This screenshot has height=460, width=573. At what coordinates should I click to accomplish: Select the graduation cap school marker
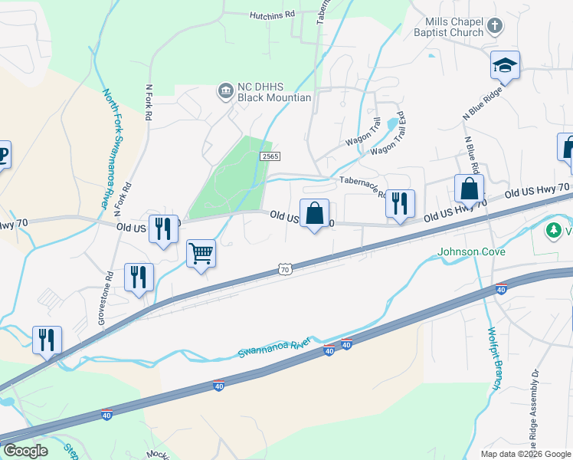click(x=506, y=66)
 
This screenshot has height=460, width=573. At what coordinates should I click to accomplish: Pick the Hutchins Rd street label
click(x=272, y=15)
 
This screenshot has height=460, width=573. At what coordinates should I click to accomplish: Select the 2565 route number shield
click(x=270, y=156)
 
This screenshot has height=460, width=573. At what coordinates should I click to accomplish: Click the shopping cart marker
click(x=201, y=253)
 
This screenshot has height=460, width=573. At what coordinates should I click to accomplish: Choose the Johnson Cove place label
click(x=467, y=251)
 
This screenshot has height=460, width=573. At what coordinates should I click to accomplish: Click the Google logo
click(x=25, y=451)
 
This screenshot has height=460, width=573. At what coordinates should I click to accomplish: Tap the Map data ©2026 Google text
click(x=526, y=454)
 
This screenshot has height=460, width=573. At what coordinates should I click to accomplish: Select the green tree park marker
click(x=553, y=230)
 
